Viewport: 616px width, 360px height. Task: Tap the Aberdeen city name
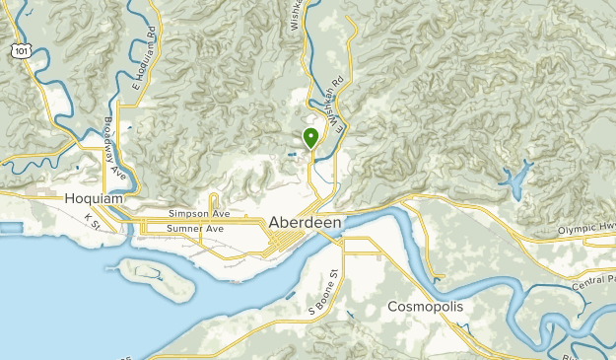point(305,224)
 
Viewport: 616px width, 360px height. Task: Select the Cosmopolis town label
point(425,307)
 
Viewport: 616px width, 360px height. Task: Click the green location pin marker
point(310,139)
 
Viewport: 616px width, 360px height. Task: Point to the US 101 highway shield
point(20,48)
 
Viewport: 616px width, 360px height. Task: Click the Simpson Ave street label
point(198,213)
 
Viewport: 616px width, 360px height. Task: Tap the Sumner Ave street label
point(195,229)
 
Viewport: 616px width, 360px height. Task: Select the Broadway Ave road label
point(116,149)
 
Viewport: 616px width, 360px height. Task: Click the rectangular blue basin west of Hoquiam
point(10,228)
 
